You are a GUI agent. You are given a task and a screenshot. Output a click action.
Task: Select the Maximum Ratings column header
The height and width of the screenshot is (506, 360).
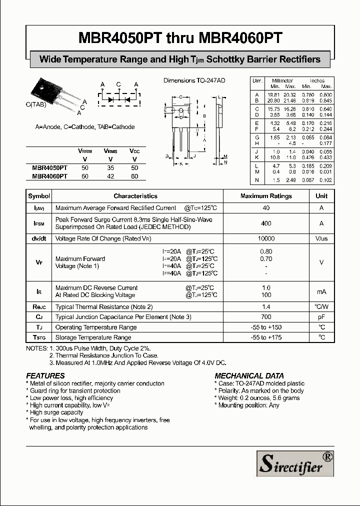266,196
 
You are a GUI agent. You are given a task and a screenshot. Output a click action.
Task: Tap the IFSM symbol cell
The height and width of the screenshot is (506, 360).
39,223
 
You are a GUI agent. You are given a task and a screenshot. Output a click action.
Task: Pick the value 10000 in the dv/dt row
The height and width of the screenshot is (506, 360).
266,239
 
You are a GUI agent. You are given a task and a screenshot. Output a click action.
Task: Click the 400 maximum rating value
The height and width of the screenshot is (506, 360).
266,223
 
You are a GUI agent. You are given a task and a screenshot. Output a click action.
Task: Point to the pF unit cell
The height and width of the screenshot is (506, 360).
321,317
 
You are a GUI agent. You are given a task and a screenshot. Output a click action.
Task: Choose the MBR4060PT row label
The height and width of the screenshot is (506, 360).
49,176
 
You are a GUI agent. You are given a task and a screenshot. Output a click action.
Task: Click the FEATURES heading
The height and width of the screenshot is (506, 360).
45,375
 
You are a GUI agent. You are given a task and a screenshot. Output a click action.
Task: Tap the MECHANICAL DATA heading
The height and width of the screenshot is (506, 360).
249,375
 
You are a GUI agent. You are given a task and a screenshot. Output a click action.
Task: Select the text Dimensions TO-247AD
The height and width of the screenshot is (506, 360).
195,80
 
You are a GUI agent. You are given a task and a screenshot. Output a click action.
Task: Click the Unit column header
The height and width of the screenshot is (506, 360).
321,196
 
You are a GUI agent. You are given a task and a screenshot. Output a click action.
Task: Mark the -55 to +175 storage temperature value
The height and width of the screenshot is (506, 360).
266,337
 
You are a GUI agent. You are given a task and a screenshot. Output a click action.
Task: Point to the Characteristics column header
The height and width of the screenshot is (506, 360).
135,196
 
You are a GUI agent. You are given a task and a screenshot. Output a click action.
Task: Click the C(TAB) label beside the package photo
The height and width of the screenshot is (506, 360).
35,104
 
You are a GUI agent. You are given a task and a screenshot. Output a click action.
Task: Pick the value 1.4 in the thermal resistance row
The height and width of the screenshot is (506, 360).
266,306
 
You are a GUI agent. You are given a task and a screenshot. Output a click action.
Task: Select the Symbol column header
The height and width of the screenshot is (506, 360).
39,196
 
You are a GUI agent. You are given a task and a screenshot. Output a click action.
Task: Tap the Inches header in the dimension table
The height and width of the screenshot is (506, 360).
317,80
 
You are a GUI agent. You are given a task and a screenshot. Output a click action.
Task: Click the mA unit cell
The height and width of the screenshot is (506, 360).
321,291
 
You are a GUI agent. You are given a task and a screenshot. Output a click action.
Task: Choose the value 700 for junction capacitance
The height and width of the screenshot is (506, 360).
266,317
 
